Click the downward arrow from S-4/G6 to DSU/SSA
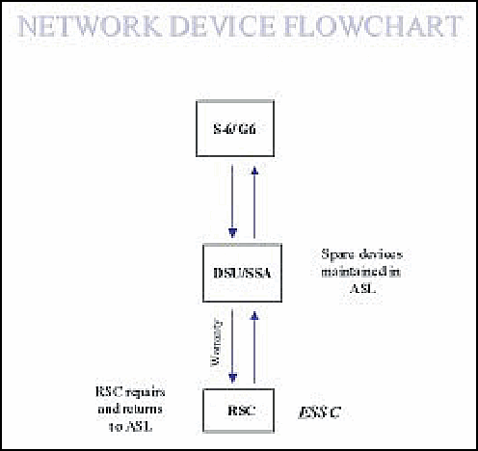[232, 202]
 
